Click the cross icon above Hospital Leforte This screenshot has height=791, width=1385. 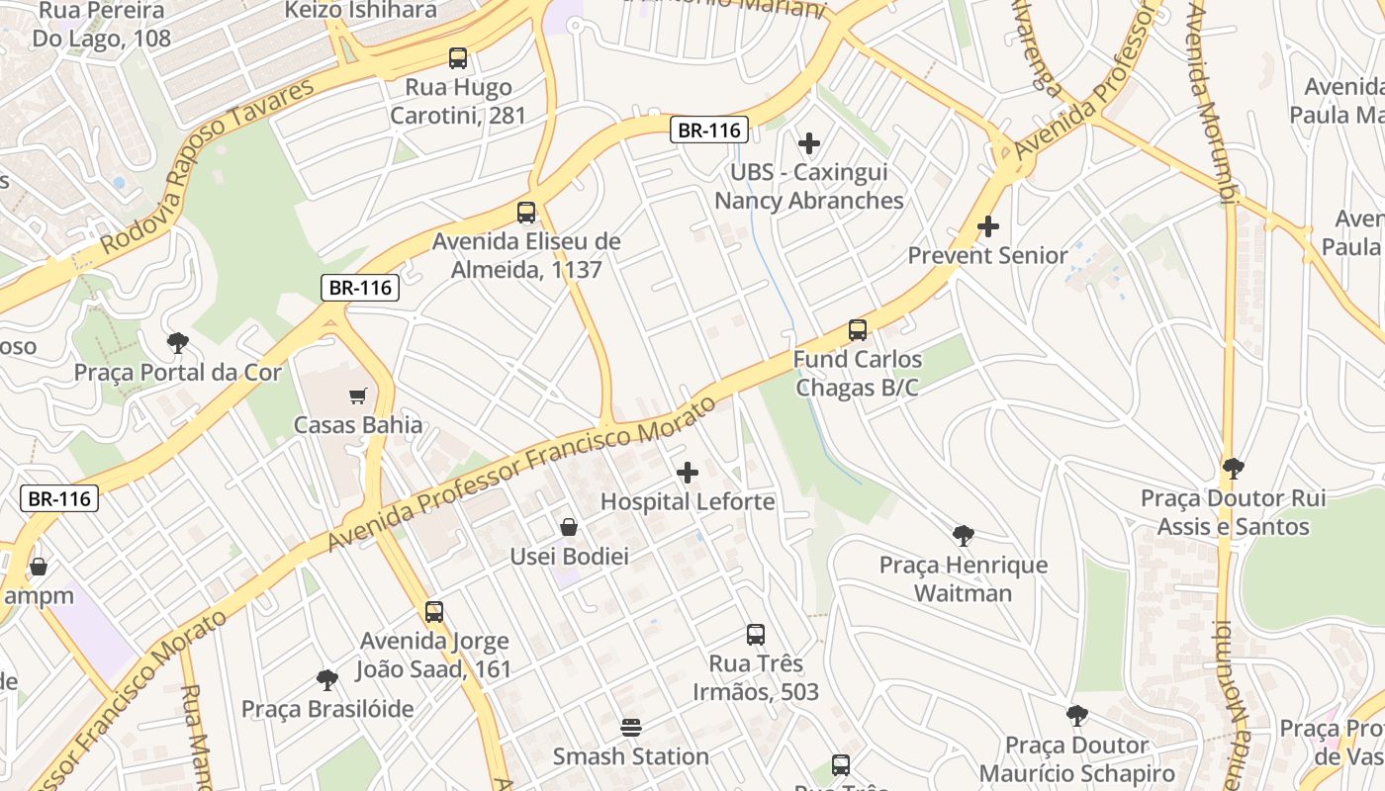(x=688, y=473)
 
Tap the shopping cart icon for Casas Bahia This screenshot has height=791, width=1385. (x=358, y=396)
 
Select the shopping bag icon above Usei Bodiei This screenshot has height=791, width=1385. (x=569, y=527)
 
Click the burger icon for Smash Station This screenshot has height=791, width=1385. (x=631, y=728)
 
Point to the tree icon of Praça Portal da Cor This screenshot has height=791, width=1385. (x=178, y=343)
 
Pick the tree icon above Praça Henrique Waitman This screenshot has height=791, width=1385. (x=963, y=536)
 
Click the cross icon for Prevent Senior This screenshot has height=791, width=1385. (x=987, y=226)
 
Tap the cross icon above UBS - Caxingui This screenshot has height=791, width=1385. (x=809, y=143)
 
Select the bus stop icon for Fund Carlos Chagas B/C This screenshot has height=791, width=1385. (x=858, y=330)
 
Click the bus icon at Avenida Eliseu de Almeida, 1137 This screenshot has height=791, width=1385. (x=526, y=212)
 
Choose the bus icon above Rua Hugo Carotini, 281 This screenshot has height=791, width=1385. (x=458, y=58)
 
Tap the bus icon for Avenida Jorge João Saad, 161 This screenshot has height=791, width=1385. (x=434, y=612)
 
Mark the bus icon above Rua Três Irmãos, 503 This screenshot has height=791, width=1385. (x=756, y=635)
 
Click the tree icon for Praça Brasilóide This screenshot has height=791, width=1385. (x=327, y=680)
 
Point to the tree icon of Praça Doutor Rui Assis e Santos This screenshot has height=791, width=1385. (x=1233, y=469)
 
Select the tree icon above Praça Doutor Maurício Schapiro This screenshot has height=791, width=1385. (x=1077, y=716)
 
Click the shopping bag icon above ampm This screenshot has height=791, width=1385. (x=39, y=567)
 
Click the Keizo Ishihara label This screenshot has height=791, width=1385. (x=360, y=10)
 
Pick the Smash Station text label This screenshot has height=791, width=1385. (x=630, y=756)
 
